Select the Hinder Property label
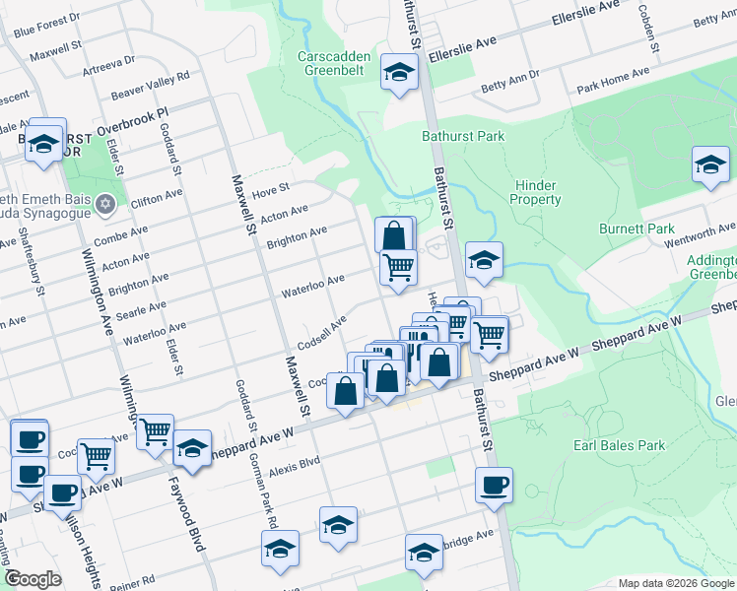[535, 192]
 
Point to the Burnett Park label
[636, 229]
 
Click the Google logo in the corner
[33, 579]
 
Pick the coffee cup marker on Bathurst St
[495, 484]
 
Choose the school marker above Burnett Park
[709, 164]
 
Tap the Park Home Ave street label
[613, 76]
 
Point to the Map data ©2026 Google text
[674, 583]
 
